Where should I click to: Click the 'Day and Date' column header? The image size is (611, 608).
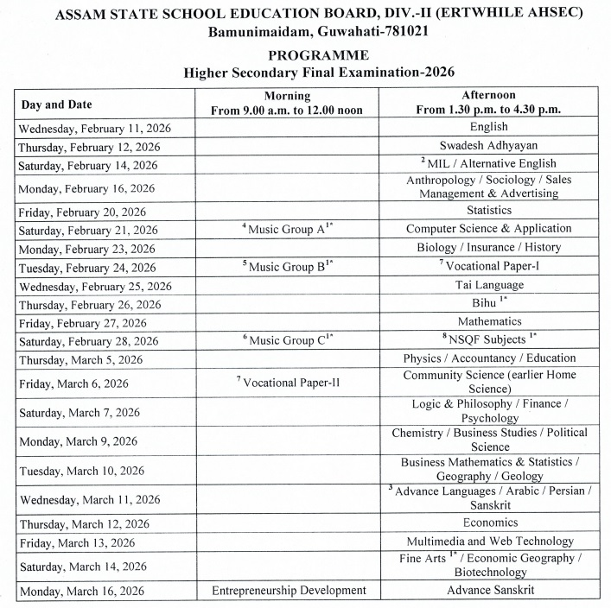coord(56,104)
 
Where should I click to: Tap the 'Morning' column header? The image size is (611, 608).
coord(287,96)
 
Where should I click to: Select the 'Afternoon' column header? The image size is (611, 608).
coord(488,96)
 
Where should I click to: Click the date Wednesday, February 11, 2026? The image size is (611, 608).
coord(95,128)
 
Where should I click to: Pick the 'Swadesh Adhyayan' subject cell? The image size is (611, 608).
coord(488,145)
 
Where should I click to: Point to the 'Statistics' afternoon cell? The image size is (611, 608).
coord(488,210)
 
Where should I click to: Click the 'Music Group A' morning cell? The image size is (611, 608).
coord(288,229)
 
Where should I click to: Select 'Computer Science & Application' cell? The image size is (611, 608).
coord(488,229)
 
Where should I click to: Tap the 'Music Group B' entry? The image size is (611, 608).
coord(288,267)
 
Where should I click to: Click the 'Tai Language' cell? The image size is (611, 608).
coord(488,285)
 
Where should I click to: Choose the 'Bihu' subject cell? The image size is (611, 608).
coord(488,304)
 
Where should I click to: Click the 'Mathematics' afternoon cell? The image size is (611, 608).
coord(488,321)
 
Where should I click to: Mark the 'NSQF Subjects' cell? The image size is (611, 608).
coord(488,340)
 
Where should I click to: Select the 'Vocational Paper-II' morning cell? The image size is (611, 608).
coord(288,382)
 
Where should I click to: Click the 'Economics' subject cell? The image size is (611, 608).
coord(488,522)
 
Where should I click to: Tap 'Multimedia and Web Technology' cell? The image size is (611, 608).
coord(488,541)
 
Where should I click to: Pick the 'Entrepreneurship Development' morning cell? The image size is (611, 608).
coord(288,591)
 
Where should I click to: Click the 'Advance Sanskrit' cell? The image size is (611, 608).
coord(488,591)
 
